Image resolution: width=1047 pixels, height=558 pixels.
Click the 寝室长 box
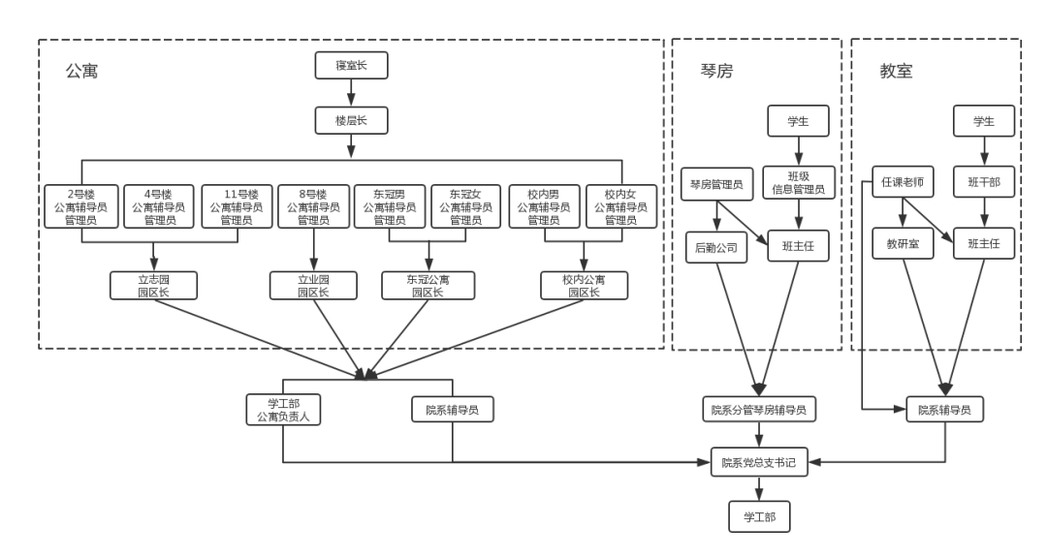[x=351, y=66]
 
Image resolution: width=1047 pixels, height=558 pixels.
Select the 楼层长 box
[x=351, y=120]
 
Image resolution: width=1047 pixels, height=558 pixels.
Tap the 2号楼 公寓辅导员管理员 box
[x=81, y=206]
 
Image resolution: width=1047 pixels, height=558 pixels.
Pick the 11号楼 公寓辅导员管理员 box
[x=237, y=206]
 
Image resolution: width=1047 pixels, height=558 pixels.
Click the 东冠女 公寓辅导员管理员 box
[x=466, y=206]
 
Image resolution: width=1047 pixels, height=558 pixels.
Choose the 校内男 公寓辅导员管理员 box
[x=544, y=206]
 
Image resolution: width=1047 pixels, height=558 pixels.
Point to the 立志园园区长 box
[x=153, y=285]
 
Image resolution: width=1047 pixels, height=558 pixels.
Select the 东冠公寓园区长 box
[x=428, y=285]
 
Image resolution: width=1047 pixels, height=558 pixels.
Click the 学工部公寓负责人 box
[x=283, y=410]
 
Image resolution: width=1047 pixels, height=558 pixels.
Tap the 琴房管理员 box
[x=715, y=183]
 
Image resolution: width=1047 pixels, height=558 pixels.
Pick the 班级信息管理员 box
[x=798, y=183]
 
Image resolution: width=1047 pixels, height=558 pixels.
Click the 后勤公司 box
[x=715, y=247]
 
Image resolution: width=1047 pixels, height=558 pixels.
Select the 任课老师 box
[x=903, y=181]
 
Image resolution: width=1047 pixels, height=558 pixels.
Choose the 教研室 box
[x=903, y=244]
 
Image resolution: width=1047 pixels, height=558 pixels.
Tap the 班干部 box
[x=984, y=181]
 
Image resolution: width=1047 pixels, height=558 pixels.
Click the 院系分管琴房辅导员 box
[x=759, y=410]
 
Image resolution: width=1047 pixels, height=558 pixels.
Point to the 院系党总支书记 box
[x=758, y=462]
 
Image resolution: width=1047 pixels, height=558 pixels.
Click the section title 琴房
[x=716, y=71]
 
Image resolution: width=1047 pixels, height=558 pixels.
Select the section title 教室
[x=896, y=71]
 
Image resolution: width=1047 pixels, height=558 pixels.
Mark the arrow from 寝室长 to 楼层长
[x=351, y=93]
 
